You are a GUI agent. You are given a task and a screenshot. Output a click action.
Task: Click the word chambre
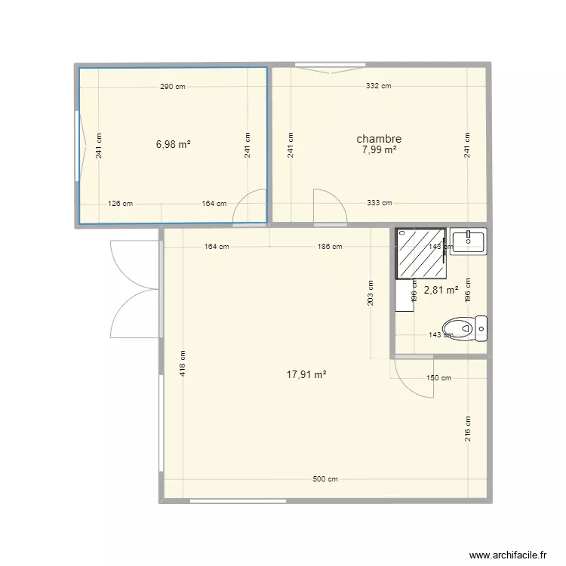378,139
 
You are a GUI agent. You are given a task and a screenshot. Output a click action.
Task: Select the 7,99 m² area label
379,150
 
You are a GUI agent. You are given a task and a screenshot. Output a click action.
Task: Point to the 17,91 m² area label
306,374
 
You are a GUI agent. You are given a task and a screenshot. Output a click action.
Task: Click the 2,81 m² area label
441,289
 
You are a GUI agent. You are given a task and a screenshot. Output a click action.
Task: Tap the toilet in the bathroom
465,328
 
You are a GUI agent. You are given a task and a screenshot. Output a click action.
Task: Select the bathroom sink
468,241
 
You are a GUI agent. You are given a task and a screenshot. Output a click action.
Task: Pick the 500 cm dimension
325,479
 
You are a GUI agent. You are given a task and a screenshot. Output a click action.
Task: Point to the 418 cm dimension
183,365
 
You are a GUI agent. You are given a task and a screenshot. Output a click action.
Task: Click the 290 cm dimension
172,87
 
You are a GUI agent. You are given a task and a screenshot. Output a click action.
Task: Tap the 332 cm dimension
378,87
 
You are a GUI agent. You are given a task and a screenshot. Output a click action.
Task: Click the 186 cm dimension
330,247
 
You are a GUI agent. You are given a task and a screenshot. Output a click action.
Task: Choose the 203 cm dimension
371,293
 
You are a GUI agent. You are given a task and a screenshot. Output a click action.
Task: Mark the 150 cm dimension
438,378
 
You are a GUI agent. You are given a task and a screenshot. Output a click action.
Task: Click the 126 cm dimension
121,203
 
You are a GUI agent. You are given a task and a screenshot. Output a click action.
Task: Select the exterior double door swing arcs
133,288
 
